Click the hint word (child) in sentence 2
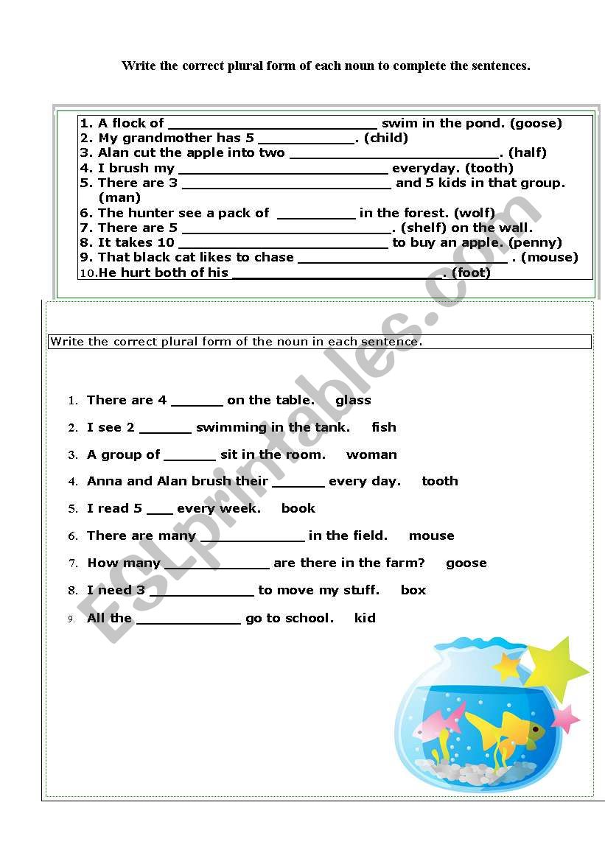point(386,138)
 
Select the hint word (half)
point(528,152)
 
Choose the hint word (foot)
point(471,273)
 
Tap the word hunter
point(150,213)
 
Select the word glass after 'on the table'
point(353,400)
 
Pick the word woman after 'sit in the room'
point(371,454)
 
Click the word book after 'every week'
point(298,508)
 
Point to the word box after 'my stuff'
point(413,590)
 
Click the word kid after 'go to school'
point(365,618)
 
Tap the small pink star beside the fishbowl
point(565,718)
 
